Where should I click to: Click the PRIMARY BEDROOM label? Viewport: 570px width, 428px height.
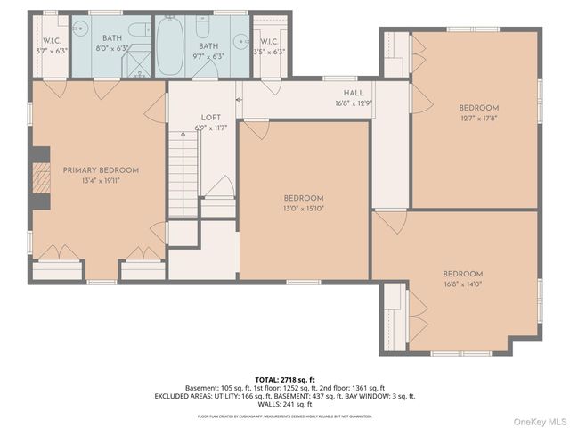pos(101,169)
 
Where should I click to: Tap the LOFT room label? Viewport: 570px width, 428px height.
pos(210,117)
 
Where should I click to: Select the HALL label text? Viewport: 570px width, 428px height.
pos(354,93)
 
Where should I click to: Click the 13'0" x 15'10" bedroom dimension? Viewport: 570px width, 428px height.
pos(304,209)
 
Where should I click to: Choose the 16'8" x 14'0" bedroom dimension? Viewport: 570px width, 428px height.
pos(463,284)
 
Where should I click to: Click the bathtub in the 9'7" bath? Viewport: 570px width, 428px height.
pos(170,45)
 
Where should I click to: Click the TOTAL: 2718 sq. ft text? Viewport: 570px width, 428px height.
pos(285,380)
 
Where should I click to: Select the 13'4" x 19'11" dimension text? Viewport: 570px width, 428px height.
pos(101,180)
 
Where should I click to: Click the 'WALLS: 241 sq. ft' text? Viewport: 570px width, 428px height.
pos(285,403)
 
